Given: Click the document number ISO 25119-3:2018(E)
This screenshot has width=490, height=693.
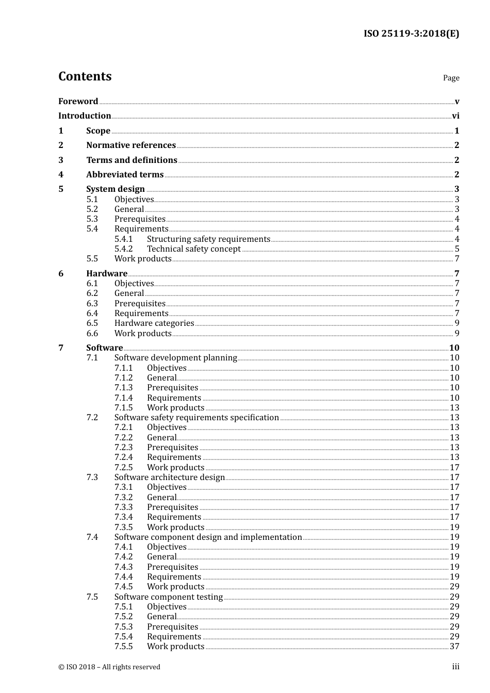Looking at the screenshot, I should pos(411,34).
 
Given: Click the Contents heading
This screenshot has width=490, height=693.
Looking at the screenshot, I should pos(85,76).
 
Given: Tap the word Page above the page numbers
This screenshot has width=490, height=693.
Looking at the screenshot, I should pos(451,78).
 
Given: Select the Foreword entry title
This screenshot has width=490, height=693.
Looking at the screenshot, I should pos(78,102).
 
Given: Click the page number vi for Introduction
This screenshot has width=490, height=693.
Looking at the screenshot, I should pos(455,116).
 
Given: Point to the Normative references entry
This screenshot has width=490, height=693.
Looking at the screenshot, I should pos(131,145).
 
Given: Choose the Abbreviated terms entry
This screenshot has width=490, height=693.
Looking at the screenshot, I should pos(125,175).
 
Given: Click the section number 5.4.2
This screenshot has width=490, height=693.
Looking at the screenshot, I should pos(123,249).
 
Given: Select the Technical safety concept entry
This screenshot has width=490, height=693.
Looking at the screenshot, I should pos(193,249).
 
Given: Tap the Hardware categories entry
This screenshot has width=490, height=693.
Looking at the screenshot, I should pos(154,323).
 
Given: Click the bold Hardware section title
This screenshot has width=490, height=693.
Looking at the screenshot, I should pos(107,274).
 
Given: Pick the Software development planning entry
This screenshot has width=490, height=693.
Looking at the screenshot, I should pos(175,358).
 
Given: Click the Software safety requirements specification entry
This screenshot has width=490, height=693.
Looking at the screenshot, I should pos(197,418).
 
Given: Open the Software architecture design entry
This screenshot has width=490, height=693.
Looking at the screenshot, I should pos(170,477).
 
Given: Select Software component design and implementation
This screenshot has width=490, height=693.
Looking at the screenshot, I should pos(208,537).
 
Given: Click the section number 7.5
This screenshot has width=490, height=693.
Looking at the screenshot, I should pos(92,597).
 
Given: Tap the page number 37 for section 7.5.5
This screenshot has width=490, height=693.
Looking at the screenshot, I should pos(454,647).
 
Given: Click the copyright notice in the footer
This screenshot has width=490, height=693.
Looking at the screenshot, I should pos(109,667).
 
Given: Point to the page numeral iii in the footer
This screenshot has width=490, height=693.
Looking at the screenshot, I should pos(456,667).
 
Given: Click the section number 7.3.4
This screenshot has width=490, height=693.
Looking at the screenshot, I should pos(123,517).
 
